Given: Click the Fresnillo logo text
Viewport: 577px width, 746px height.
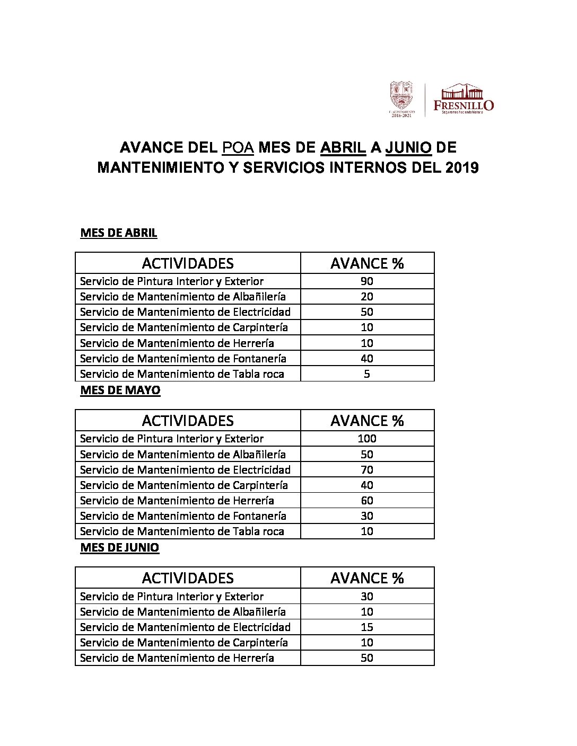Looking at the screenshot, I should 464,105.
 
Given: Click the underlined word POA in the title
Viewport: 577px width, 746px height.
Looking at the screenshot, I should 238,147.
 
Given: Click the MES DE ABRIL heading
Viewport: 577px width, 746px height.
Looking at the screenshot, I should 118,233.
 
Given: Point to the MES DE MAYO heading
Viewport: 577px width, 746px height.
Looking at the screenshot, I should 120,390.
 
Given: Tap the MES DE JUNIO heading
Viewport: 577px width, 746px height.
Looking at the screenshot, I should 119,547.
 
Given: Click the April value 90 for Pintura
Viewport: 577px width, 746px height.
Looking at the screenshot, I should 367,281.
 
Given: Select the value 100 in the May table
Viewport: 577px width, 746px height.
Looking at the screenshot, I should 367,438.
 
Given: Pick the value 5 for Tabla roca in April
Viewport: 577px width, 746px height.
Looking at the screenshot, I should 367,374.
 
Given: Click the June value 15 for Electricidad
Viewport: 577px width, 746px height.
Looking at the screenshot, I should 367,627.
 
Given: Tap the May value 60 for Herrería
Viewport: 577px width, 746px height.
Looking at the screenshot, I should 367,500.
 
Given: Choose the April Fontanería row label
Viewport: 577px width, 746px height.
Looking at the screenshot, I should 183,358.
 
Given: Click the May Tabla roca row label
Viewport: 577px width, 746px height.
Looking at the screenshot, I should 182,531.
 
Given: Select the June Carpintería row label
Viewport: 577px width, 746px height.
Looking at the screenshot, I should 183,642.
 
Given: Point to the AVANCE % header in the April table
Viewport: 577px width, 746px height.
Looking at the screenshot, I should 367,263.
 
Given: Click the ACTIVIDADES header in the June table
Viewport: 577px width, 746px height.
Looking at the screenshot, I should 188,578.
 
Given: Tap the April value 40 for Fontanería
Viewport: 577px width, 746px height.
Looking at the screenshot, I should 367,358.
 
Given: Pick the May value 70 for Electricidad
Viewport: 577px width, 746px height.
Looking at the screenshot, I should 367,469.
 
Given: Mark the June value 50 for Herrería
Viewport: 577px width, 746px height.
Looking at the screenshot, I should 367,658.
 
